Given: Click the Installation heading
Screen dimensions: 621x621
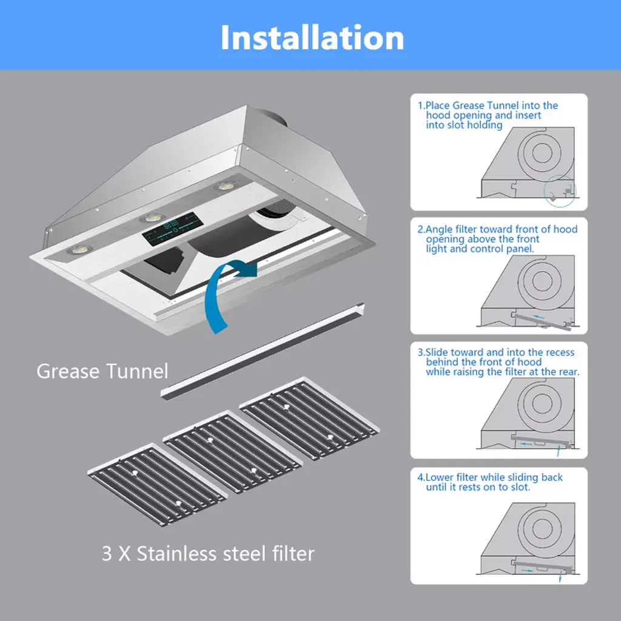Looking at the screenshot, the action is coord(312,37).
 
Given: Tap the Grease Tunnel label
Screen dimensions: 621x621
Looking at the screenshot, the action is coord(102,371).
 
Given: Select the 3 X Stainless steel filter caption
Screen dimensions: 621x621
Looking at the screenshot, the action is coord(208,553).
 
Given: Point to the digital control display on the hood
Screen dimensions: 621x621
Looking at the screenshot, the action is coord(173,229).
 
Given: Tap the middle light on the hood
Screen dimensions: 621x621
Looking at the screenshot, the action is coord(152,218).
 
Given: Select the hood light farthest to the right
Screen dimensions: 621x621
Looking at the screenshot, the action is coord(226,186).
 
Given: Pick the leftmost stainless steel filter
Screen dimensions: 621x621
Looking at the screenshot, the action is coord(158,484).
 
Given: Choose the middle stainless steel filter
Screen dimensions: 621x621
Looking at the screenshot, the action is coord(233,451).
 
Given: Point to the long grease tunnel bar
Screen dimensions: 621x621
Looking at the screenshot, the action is coord(263,351).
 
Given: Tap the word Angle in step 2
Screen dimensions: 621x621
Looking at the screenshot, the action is coord(438,229).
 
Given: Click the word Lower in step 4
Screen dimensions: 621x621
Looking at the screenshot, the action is coord(439,477).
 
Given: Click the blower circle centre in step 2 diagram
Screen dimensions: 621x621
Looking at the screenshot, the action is coord(542,280).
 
